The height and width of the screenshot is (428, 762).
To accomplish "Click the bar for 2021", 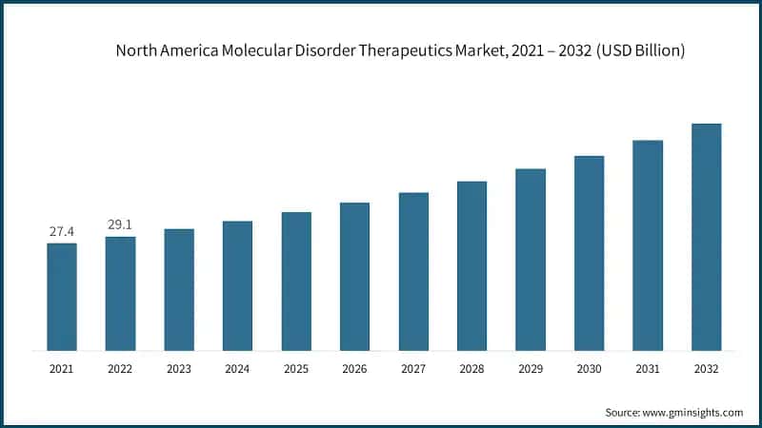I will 62,297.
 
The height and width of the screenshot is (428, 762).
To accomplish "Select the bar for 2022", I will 120,293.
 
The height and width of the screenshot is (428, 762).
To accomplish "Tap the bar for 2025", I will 296,281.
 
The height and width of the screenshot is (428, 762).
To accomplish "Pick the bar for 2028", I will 471,265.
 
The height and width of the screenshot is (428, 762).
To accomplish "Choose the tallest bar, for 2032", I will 706,237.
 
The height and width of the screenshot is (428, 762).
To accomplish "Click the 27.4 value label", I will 62,231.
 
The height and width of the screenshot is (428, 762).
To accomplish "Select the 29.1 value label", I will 120,224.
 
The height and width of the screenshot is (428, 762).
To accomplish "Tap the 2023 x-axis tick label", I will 179,367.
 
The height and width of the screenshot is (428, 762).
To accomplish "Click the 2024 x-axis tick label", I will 237,367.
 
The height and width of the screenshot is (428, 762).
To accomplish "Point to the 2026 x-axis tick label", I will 354,367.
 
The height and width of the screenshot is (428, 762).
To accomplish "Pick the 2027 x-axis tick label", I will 413,367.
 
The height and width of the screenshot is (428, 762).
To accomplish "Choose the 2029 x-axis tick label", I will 531,367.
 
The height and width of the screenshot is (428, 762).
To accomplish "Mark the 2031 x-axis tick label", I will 648,367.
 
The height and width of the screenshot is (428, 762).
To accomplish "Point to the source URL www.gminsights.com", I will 694,412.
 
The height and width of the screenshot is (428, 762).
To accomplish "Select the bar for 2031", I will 648,245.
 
